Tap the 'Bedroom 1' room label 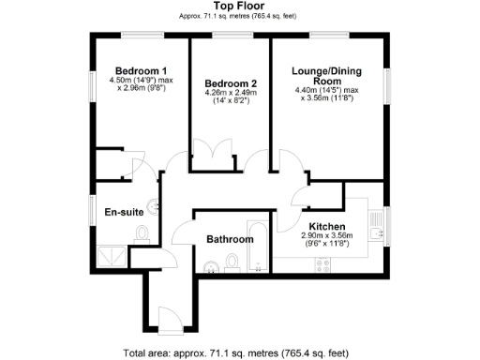(x=141, y=71)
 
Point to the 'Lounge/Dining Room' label (x=327, y=75)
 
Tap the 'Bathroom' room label (x=230, y=239)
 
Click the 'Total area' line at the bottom (x=235, y=353)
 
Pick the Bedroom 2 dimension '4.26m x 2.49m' (x=230, y=94)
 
